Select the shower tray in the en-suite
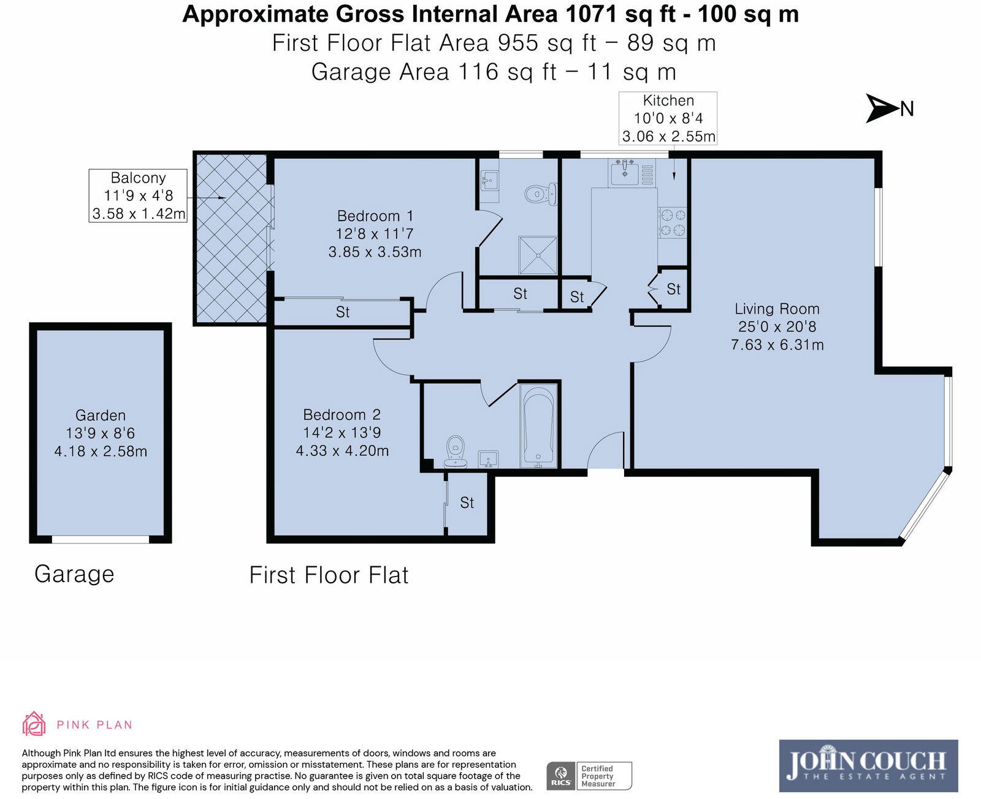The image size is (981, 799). [x=538, y=256]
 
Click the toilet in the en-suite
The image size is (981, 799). [x=541, y=194]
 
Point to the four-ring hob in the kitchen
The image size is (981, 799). [x=673, y=222]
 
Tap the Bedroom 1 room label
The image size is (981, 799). [x=375, y=216]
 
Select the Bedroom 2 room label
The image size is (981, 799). [x=342, y=415]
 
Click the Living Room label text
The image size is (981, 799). [x=777, y=308]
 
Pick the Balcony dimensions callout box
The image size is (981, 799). [x=138, y=195]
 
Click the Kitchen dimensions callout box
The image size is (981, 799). [x=668, y=118]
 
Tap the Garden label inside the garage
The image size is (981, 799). [x=101, y=415]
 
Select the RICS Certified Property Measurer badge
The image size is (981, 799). [x=589, y=776]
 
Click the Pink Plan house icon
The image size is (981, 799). [x=34, y=724]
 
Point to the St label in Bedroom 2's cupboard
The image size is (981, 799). [x=467, y=502]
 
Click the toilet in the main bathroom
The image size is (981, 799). [x=456, y=452]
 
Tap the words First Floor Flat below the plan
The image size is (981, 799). [x=329, y=575]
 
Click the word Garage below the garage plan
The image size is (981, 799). [x=74, y=575]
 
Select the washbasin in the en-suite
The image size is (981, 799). [x=489, y=181]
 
